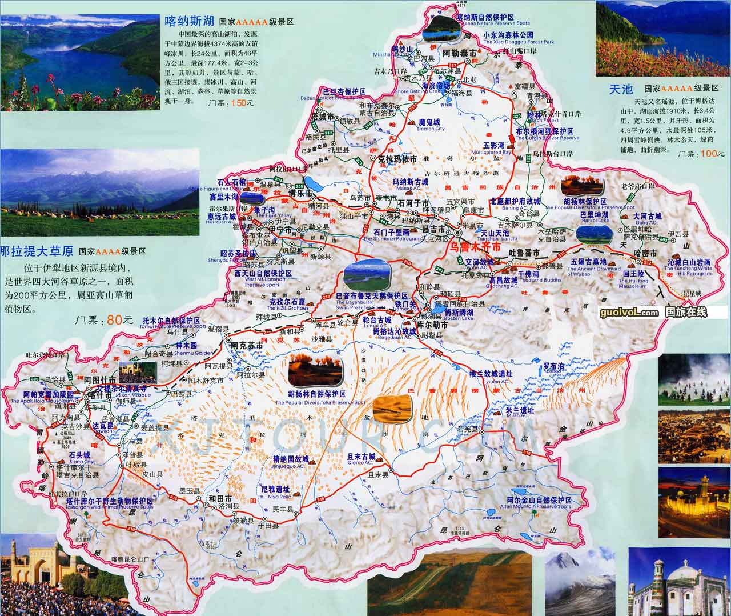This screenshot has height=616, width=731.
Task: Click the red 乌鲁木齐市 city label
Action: click(x=475, y=248)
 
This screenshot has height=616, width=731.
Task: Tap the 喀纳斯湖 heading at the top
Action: click(x=189, y=22)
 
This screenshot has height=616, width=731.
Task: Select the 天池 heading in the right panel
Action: click(x=622, y=89)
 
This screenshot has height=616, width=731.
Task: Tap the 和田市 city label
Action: click(x=220, y=497)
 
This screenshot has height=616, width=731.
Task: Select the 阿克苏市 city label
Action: click(x=246, y=346)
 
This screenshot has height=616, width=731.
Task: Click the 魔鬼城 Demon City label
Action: click(x=429, y=122)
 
